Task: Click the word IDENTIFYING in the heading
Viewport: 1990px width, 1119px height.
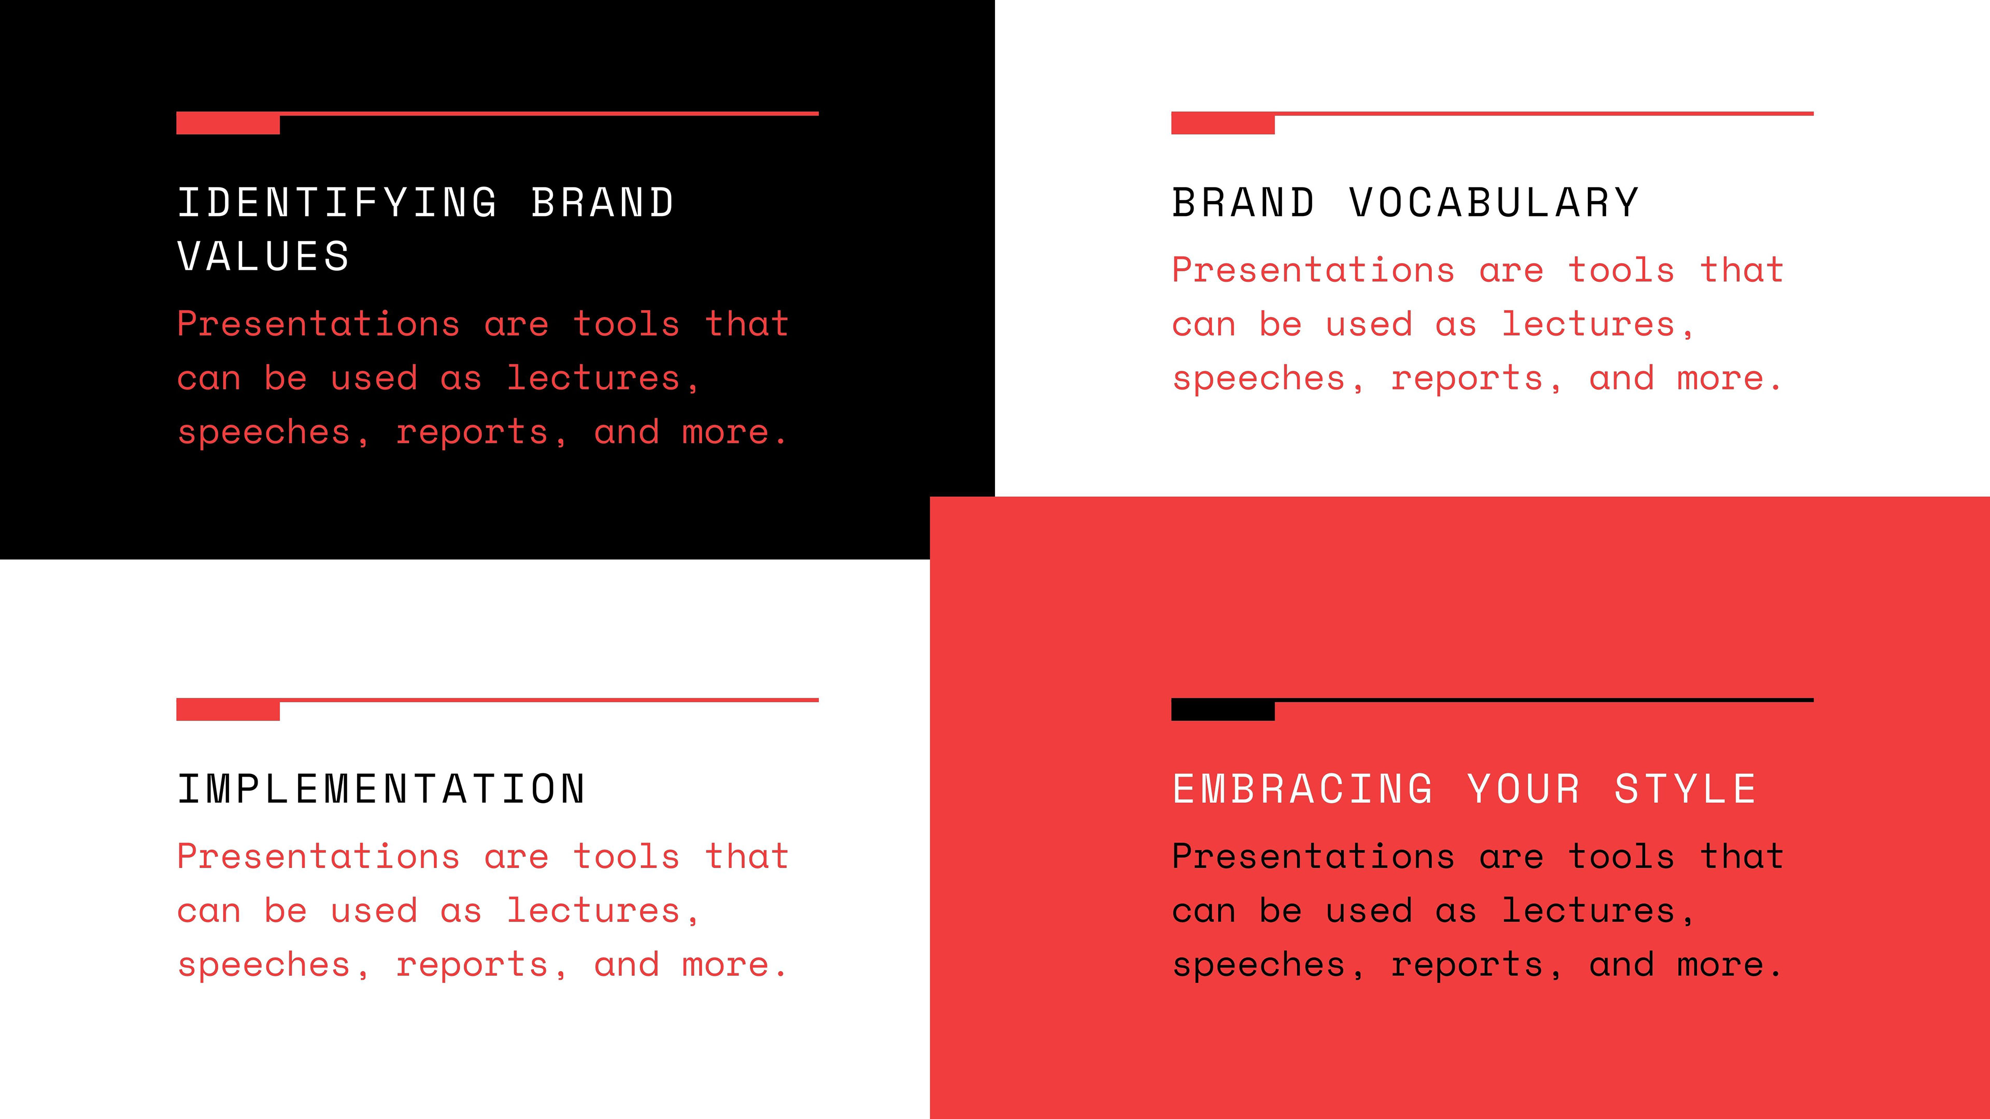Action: click(337, 203)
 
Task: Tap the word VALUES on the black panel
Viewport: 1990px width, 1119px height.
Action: click(263, 256)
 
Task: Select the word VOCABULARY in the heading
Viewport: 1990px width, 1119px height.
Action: click(1494, 203)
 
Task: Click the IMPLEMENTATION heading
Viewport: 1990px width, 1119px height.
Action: click(381, 789)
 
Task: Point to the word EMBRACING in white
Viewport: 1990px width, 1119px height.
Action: click(1302, 789)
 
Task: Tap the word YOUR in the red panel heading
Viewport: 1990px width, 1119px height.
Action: click(1524, 789)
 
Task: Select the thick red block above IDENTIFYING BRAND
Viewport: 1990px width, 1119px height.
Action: click(228, 123)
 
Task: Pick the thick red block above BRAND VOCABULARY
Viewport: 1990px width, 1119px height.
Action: click(1223, 123)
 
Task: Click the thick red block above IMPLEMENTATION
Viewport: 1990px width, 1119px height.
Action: click(228, 709)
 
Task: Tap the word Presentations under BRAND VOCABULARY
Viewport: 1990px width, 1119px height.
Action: click(1313, 270)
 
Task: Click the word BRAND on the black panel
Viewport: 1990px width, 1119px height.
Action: click(603, 203)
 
